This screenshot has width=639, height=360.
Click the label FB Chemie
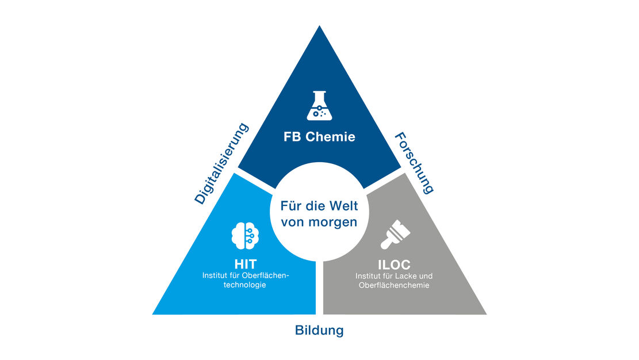tap(319, 137)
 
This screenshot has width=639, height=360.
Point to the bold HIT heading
tap(245, 265)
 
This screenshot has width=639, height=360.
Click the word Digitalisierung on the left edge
tap(222, 163)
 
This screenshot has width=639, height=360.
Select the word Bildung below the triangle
tap(319, 331)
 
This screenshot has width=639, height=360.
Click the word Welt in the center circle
tap(343, 205)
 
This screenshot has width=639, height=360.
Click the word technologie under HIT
tap(246, 285)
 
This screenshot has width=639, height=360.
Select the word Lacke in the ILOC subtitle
tap(410, 275)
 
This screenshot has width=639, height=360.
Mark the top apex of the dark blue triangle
tap(319, 26)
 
